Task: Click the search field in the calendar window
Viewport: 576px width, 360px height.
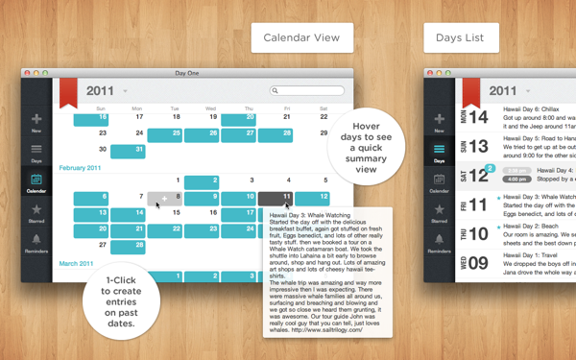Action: click(x=307, y=91)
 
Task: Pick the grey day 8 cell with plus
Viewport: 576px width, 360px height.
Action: click(x=165, y=197)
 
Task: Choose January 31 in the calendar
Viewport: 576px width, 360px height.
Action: click(x=128, y=151)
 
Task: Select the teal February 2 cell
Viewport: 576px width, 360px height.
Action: click(x=202, y=181)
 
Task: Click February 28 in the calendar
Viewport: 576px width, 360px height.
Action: click(x=128, y=247)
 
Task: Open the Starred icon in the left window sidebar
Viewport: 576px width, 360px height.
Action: click(x=36, y=212)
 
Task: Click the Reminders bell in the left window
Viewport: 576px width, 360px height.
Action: click(x=36, y=244)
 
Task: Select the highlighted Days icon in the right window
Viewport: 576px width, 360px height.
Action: click(x=439, y=152)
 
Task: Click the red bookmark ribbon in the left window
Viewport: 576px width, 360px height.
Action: click(x=68, y=92)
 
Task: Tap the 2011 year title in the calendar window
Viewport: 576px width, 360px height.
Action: click(x=101, y=91)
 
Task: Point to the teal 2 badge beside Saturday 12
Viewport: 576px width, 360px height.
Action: click(x=490, y=169)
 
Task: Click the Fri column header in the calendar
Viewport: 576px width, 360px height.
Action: click(x=287, y=108)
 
